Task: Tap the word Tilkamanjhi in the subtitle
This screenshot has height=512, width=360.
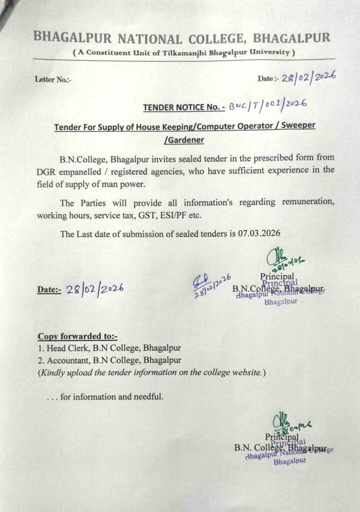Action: click(x=190, y=52)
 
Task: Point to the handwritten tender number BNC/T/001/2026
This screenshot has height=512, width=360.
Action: click(x=266, y=104)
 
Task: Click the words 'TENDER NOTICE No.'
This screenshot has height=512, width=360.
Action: click(x=181, y=107)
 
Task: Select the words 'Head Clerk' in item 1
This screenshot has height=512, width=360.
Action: click(x=65, y=348)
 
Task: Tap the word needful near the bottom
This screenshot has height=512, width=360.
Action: click(x=147, y=397)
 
